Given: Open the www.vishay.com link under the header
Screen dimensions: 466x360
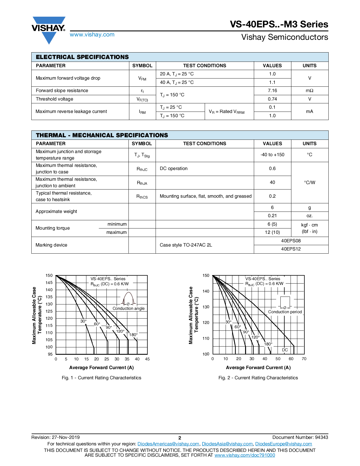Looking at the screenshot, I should [92, 34].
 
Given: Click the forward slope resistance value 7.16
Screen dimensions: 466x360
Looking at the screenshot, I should [272, 91].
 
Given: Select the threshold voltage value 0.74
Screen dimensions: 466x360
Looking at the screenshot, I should [272, 99].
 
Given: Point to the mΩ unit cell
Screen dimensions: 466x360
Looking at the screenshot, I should [309, 91].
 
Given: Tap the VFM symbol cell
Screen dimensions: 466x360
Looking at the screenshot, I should [142, 79].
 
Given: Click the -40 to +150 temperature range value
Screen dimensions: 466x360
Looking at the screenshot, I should [272, 155].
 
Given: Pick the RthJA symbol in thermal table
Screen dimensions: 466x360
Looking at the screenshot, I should [142, 183].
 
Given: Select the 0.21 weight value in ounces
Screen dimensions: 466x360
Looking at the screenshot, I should [272, 216].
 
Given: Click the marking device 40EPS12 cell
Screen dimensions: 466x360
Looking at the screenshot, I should [291, 249].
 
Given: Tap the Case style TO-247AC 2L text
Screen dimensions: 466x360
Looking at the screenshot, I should [186, 245].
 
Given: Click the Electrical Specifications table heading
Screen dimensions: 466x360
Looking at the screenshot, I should [82, 57].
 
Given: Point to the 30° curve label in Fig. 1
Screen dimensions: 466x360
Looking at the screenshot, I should [84, 321].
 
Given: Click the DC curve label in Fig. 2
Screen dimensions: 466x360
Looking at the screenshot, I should [285, 350].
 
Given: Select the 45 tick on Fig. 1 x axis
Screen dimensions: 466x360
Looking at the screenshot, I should [147, 359].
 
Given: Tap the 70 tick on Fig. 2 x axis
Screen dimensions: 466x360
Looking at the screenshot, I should [304, 359].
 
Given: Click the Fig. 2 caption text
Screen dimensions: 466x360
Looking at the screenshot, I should [258, 378].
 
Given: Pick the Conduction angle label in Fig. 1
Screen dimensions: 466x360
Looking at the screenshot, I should [128, 308].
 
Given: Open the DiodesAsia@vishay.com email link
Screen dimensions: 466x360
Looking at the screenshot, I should [227, 444].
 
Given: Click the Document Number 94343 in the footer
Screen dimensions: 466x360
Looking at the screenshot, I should [300, 437].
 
